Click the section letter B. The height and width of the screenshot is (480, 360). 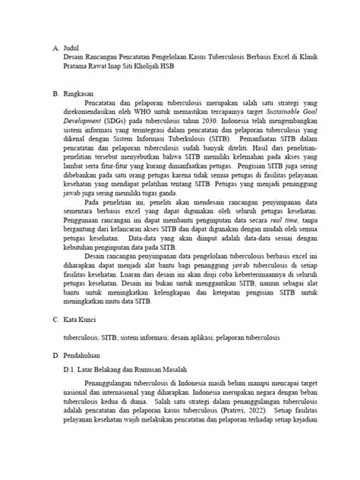(55, 94)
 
